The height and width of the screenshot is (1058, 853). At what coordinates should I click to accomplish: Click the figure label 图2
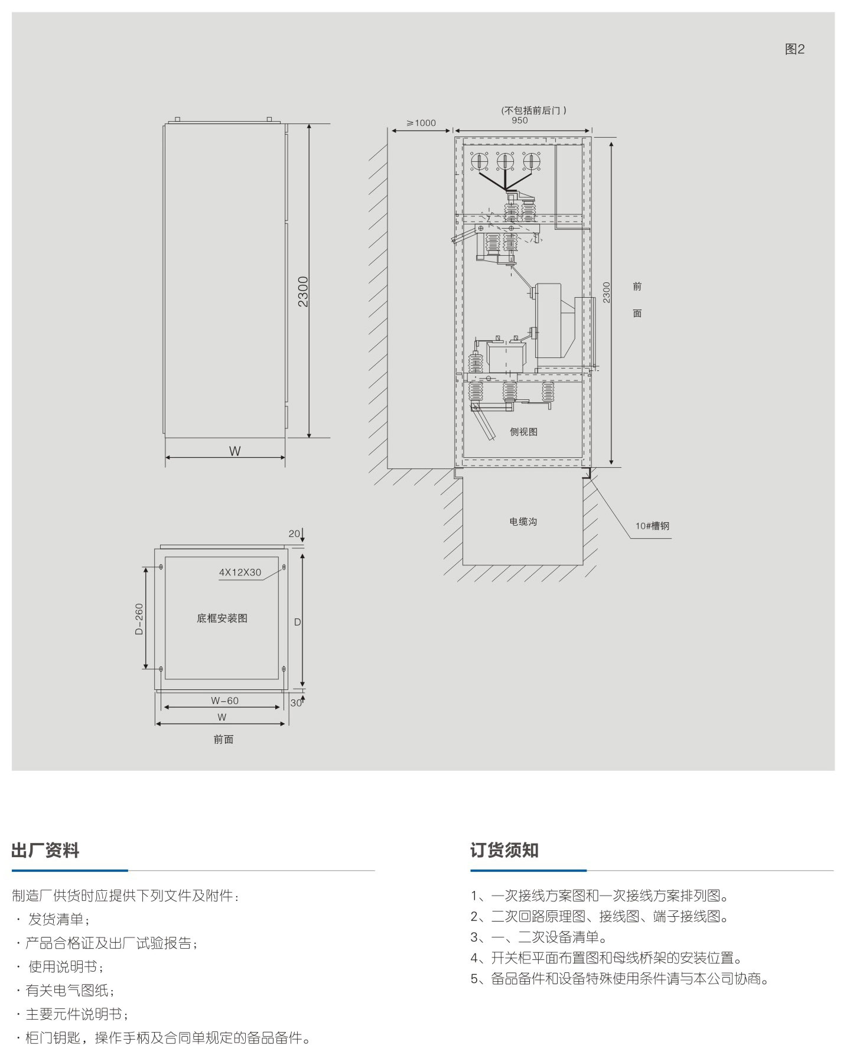pyautogui.click(x=795, y=50)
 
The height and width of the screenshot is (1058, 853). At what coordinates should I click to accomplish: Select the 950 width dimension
pyautogui.click(x=520, y=121)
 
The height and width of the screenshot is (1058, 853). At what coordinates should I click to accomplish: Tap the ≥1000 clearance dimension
pyautogui.click(x=421, y=123)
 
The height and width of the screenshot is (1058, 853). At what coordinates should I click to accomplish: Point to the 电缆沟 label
pyautogui.click(x=523, y=522)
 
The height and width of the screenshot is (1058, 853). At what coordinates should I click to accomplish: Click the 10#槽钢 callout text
pyautogui.click(x=652, y=526)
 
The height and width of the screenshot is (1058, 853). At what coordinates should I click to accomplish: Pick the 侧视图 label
pyautogui.click(x=523, y=432)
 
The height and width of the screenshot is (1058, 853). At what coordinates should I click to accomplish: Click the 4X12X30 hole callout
pyautogui.click(x=240, y=572)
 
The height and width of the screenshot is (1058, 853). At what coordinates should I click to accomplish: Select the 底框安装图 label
pyautogui.click(x=222, y=618)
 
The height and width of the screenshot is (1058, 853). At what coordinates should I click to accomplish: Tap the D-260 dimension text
pyautogui.click(x=139, y=618)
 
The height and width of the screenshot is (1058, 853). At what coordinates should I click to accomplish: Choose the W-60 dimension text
pyautogui.click(x=224, y=701)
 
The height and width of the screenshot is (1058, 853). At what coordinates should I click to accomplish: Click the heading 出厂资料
pyautogui.click(x=45, y=851)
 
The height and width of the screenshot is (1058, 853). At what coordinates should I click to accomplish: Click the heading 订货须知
pyautogui.click(x=504, y=850)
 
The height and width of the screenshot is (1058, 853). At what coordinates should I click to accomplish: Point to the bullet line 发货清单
pyautogui.click(x=53, y=920)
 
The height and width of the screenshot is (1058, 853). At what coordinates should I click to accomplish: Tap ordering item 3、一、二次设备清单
pyautogui.click(x=539, y=937)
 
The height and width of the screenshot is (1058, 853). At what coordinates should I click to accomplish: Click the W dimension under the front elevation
pyautogui.click(x=235, y=451)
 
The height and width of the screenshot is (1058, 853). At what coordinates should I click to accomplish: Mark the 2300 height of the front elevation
pyautogui.click(x=303, y=291)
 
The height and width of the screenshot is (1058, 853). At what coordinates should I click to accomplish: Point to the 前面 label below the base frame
pyautogui.click(x=224, y=740)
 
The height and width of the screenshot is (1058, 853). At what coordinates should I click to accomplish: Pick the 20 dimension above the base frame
pyautogui.click(x=294, y=534)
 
